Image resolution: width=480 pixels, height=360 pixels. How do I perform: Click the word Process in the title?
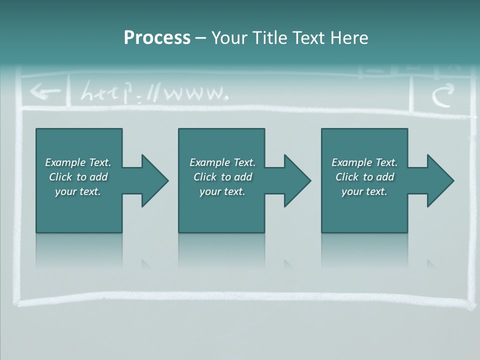[x=157, y=37]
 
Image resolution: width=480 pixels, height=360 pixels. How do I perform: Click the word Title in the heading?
[x=268, y=37]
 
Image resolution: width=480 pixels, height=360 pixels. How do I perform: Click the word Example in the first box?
[x=65, y=162]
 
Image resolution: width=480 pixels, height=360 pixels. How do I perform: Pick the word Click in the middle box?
[x=205, y=177]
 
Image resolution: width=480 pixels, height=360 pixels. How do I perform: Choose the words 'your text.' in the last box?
[x=364, y=191]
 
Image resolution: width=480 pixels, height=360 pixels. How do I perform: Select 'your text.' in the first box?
[x=78, y=191]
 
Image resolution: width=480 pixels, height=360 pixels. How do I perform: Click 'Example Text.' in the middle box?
[x=222, y=162]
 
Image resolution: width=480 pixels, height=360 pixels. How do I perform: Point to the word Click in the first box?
[x=60, y=177]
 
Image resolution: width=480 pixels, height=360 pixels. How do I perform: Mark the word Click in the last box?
[x=347, y=177]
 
